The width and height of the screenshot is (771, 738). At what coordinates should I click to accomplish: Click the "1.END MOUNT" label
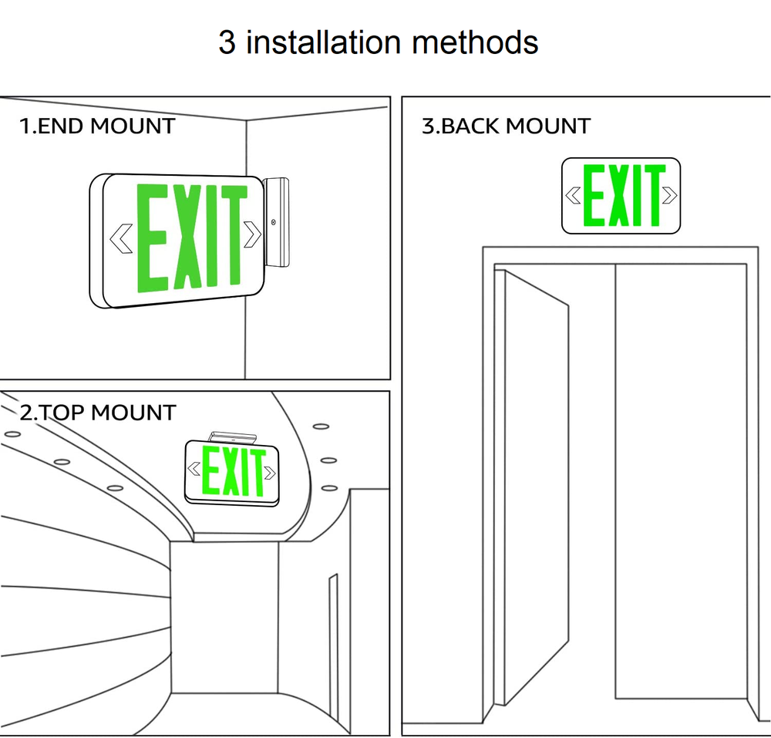[97, 126]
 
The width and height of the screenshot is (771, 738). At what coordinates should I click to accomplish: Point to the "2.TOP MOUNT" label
[97, 413]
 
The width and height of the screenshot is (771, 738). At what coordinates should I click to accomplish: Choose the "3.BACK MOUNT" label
[506, 126]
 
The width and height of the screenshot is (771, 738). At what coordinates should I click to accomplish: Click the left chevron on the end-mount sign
[120, 238]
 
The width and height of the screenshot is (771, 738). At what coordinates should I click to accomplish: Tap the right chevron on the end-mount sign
[252, 234]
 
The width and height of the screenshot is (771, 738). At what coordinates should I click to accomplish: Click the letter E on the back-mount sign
[594, 195]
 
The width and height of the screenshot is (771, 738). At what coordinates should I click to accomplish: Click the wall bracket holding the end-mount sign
[277, 222]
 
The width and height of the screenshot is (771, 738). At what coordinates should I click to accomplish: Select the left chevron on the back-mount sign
[573, 196]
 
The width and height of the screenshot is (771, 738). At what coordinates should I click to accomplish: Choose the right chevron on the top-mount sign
[269, 470]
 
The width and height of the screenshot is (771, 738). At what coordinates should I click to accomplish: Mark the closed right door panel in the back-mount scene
[680, 482]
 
